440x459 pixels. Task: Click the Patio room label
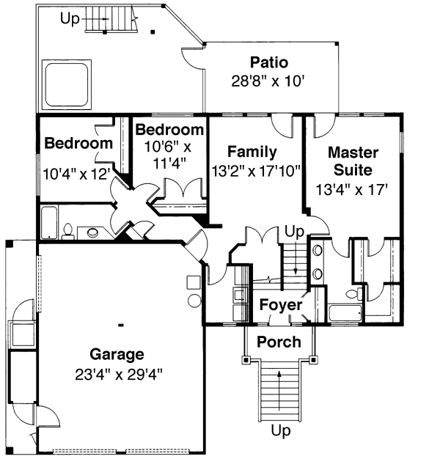coord(269,62)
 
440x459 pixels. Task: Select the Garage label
coord(117,354)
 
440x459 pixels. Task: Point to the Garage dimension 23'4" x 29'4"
coord(119,374)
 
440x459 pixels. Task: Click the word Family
coord(252,152)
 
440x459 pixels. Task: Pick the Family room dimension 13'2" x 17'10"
coord(256,171)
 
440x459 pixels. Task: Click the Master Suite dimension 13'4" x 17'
coord(352,190)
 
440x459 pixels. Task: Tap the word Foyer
coord(281,305)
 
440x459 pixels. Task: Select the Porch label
coord(279,342)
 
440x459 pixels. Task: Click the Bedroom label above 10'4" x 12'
coord(78,143)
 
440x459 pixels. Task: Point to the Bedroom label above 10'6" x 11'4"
coord(169,129)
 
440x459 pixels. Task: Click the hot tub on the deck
coord(67,84)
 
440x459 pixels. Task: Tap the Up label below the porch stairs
coord(281,430)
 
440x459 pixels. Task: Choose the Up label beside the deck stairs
coord(70,19)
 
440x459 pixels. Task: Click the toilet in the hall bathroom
coord(68,232)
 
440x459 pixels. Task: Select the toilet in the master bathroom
coord(353,293)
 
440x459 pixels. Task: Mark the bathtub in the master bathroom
coord(345,313)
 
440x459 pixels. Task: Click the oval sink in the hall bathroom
coord(93,232)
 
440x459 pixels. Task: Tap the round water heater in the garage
coord(194,301)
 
